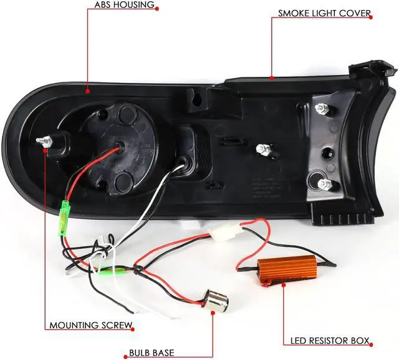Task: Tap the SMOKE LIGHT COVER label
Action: click(324, 13)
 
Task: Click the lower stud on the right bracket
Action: click(324, 184)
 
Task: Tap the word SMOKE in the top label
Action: click(292, 13)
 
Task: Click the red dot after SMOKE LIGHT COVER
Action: click(374, 13)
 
